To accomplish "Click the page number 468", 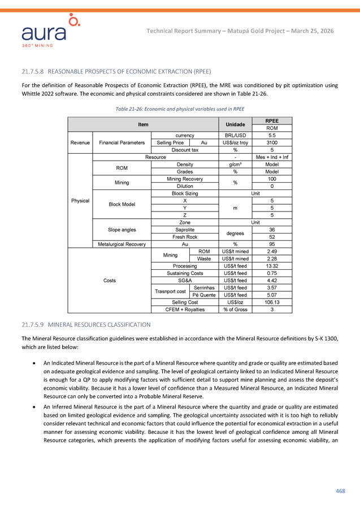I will [x=340, y=491].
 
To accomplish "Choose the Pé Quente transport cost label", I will [x=203, y=294].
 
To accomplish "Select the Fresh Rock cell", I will [x=185, y=237].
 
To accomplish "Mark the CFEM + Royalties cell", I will [x=185, y=309].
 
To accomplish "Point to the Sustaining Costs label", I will [x=185, y=273].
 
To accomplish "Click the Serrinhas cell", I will [x=203, y=287].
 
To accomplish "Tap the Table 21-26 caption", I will [x=180, y=109].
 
